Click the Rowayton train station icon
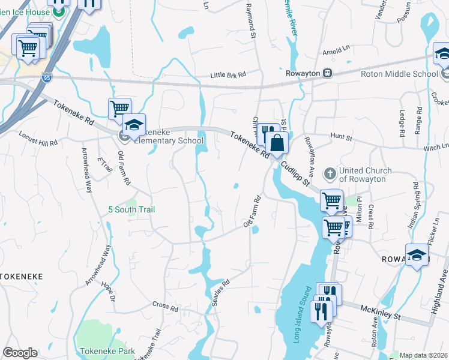point(328,73)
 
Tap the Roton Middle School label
point(399,74)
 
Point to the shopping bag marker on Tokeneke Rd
point(277,143)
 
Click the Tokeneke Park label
point(107,350)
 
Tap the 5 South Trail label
point(131,209)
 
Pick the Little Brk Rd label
point(228,75)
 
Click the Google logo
point(20,353)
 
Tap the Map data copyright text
point(424,355)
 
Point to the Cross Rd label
point(165,307)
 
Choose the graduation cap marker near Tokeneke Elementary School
point(134,125)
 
